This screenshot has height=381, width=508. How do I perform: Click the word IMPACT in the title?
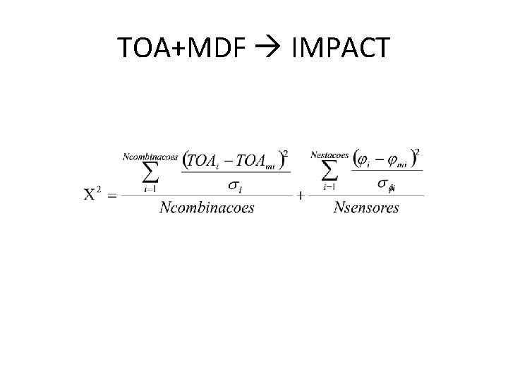[x=339, y=47]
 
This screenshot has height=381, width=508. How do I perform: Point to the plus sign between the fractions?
[x=301, y=195]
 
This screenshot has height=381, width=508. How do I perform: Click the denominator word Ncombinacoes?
[x=206, y=207]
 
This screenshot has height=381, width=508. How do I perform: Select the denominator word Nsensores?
[x=366, y=207]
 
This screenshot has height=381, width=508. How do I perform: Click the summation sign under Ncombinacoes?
[x=150, y=171]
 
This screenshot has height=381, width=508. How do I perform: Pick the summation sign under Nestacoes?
[x=329, y=171]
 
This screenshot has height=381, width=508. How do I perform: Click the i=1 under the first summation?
[x=150, y=188]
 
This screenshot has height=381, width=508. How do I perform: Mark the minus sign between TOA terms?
[x=226, y=160]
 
